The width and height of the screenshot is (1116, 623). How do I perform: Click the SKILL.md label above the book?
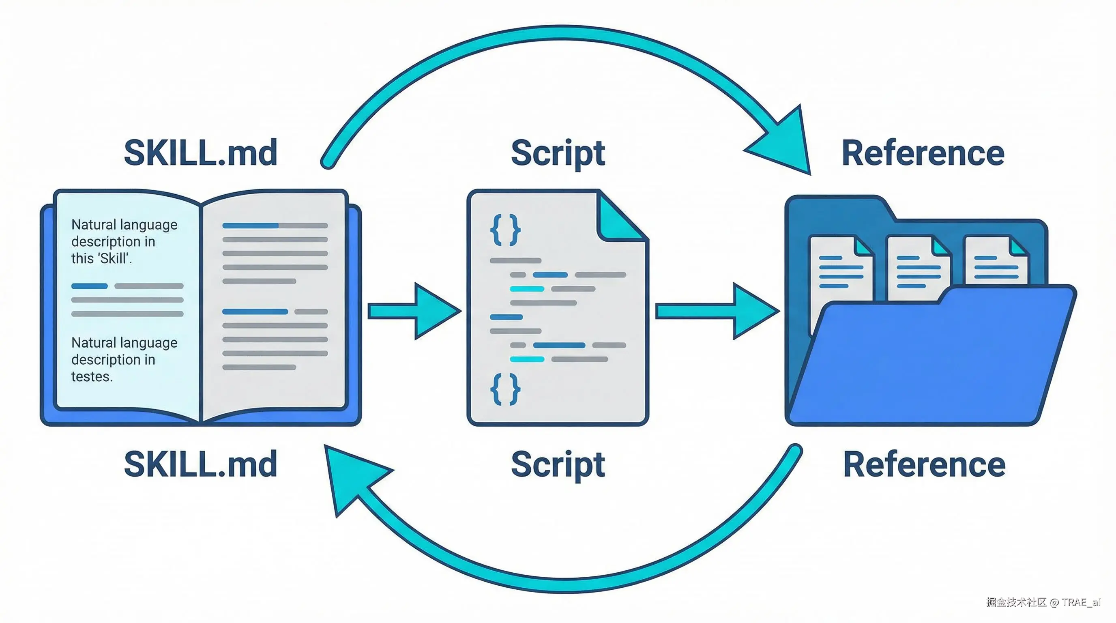(x=200, y=153)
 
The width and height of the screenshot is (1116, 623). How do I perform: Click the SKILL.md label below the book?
(x=200, y=464)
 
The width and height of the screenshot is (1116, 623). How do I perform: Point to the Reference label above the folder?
(x=923, y=153)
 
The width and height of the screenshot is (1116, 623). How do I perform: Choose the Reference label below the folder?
(x=924, y=464)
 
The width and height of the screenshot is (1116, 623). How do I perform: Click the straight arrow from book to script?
(x=414, y=311)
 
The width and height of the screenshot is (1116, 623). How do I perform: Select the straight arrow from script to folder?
(x=717, y=311)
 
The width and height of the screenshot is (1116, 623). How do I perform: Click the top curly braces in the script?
(x=505, y=230)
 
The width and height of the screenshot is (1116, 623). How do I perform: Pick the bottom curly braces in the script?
(x=505, y=389)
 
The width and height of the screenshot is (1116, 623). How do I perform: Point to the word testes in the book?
(x=92, y=376)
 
